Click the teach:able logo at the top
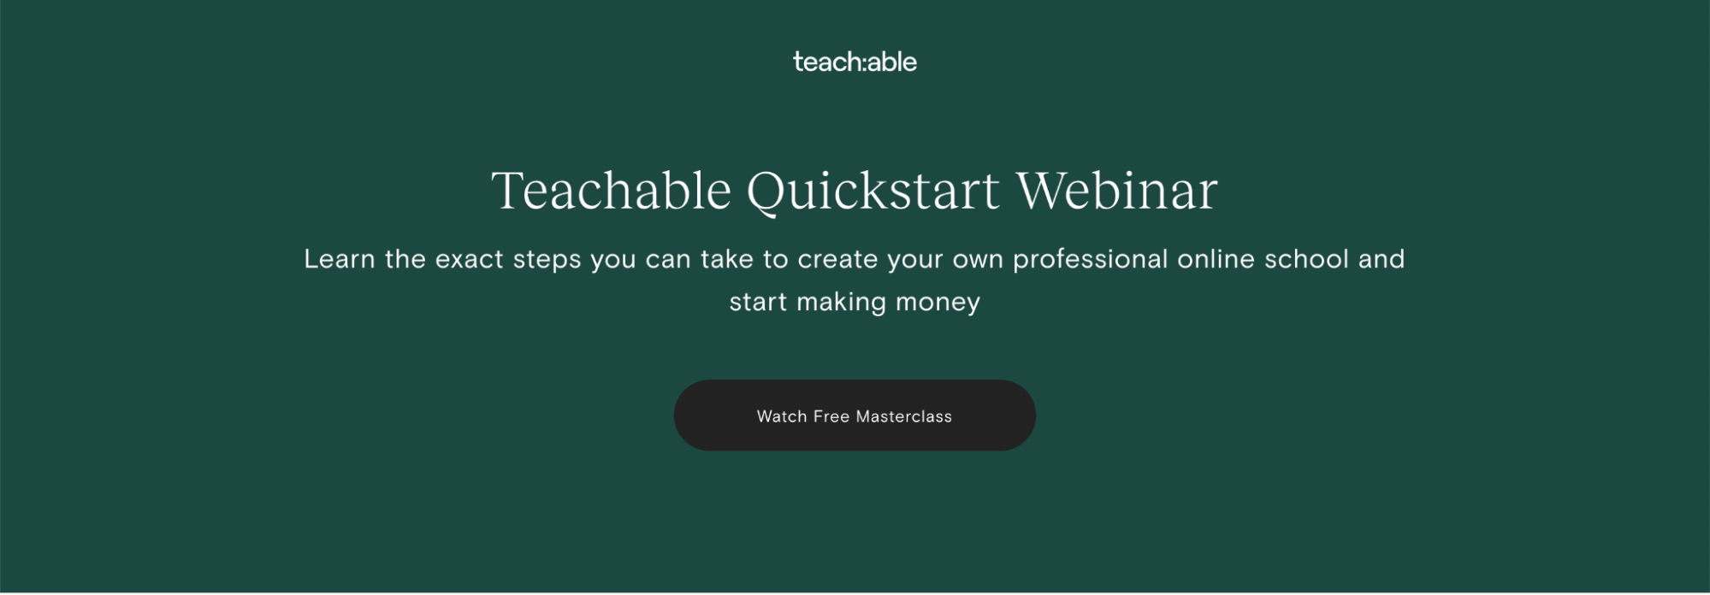855,62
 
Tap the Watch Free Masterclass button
855,415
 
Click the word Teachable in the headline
612,190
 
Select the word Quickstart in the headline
873,191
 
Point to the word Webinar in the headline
1116,190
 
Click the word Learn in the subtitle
340,259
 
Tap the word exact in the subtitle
469,259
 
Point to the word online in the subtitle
1216,259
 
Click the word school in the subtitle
1306,259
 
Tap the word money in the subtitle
938,303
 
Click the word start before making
758,303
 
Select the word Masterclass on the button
904,416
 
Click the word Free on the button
831,416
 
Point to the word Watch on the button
782,416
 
